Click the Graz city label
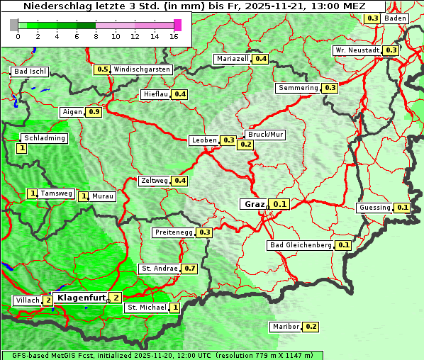(254, 204)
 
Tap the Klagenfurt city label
(81, 298)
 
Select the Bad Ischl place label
(30, 72)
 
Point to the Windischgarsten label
(142, 69)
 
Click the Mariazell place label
(233, 59)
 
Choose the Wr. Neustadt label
(357, 50)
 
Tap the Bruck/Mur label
(264, 134)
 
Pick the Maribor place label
(285, 327)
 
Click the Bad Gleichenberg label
(301, 245)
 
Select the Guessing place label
(375, 208)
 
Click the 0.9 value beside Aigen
(94, 112)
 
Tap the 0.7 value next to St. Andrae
(189, 269)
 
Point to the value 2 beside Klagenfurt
(116, 298)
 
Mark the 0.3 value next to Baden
(372, 18)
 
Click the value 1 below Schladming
(21, 148)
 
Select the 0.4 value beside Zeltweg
(180, 181)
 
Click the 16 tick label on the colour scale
(174, 36)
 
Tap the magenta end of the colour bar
(177, 25)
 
